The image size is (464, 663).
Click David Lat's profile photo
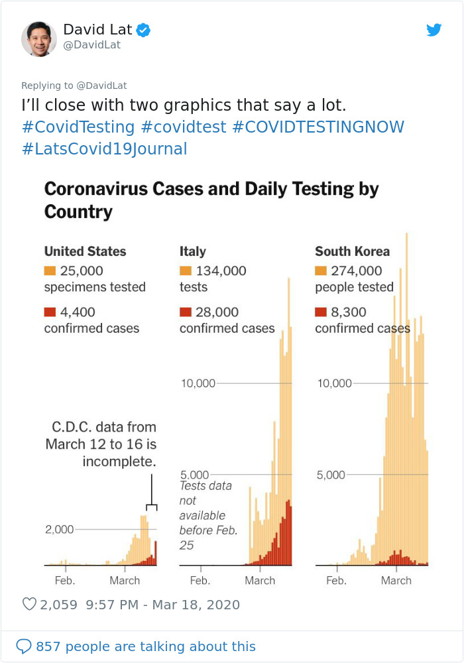(38, 38)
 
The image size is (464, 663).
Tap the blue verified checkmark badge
(143, 30)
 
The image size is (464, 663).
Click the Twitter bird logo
(434, 30)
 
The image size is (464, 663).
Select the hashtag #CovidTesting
(78, 127)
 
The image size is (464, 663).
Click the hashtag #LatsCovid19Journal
(104, 149)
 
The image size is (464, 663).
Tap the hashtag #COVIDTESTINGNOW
(318, 127)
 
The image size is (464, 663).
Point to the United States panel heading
(85, 251)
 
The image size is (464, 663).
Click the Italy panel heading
(193, 251)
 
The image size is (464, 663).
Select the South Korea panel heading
(352, 251)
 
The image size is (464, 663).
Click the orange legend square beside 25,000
(50, 271)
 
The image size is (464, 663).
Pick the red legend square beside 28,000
(185, 312)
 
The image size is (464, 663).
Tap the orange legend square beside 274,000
(321, 271)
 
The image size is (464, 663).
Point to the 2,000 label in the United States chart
(60, 530)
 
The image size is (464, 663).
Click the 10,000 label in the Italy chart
(198, 383)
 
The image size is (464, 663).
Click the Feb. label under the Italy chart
(200, 580)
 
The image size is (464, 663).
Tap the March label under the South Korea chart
(396, 580)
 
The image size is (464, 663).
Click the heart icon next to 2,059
(29, 605)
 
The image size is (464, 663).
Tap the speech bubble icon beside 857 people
(24, 646)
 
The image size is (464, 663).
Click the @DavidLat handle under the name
(92, 45)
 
